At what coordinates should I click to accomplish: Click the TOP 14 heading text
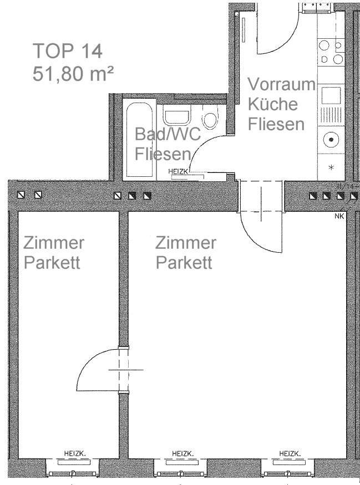click(x=68, y=51)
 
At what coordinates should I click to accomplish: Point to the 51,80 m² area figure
click(x=73, y=74)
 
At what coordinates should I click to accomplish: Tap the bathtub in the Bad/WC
click(x=139, y=140)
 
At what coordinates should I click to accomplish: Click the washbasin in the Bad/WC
click(x=177, y=115)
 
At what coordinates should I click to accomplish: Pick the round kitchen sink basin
click(x=331, y=140)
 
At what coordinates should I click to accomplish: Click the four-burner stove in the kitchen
click(x=331, y=52)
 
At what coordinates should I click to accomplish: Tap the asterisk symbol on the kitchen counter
click(x=331, y=167)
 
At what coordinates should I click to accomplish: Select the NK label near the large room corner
click(x=339, y=216)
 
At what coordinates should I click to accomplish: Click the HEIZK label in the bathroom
click(x=178, y=171)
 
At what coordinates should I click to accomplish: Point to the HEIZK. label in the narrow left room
click(x=75, y=454)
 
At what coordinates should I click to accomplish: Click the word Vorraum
click(x=281, y=84)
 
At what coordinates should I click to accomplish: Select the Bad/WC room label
click(x=168, y=134)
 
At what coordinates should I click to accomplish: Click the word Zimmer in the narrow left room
click(x=54, y=243)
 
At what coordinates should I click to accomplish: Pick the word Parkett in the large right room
click(x=184, y=263)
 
